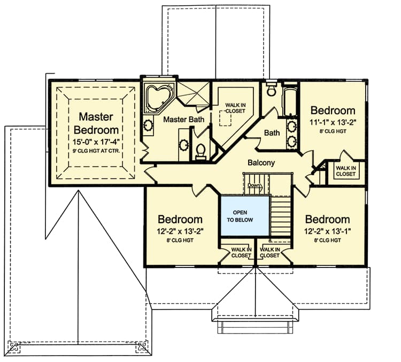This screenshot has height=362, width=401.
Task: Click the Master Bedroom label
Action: pos(96,123)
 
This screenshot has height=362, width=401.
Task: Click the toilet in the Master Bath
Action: pos(201,151)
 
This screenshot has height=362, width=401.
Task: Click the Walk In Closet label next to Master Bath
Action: pos(235,108)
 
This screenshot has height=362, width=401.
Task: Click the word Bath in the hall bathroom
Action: pos(272,132)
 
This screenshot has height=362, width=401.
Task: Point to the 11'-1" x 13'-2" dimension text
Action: pos(333,122)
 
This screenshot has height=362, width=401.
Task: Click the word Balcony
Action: pos(261,162)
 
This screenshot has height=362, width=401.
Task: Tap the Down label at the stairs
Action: pos(253,185)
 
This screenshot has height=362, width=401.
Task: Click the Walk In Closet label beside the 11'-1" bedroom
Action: pos(345,171)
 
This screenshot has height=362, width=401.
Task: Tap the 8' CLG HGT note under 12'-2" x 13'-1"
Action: pos(327,241)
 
